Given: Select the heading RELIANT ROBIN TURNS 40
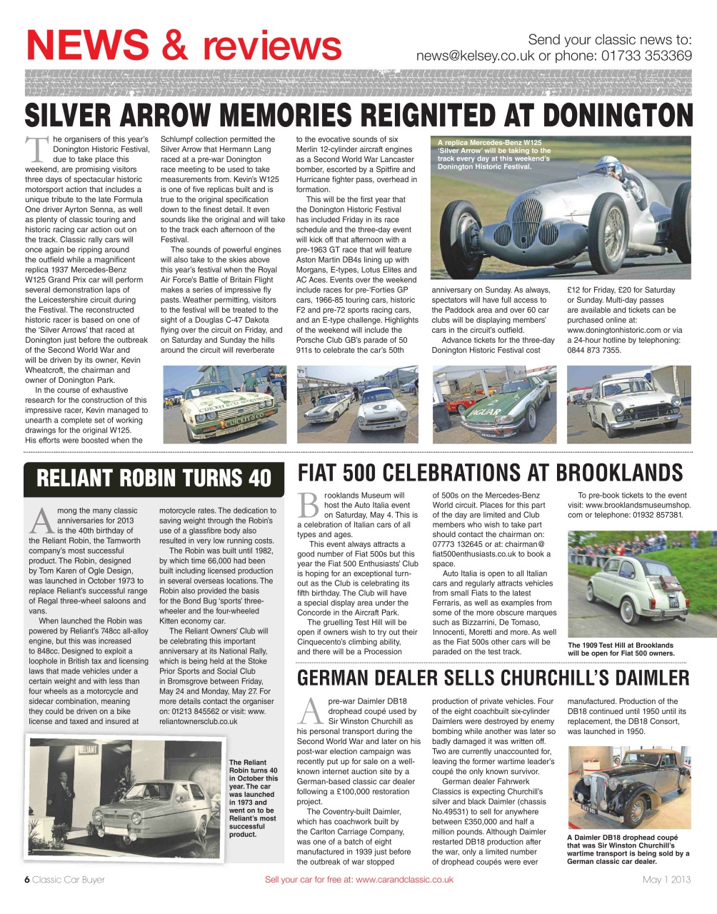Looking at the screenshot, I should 154,478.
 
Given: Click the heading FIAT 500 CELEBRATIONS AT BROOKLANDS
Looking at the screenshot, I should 490,473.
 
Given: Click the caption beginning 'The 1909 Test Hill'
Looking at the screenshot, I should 620,649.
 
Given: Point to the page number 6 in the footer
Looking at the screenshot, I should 27,879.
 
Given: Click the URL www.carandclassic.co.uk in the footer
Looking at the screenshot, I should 404,879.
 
